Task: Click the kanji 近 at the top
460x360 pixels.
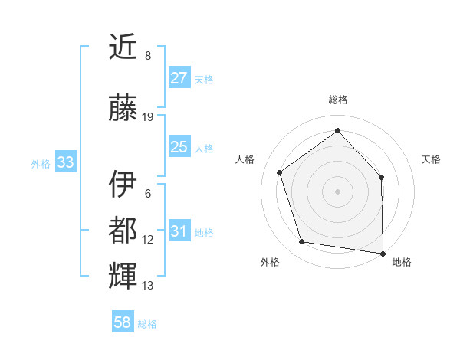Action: pos(123,47)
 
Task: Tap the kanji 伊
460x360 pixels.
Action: pos(123,185)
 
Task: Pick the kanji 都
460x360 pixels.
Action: pos(123,231)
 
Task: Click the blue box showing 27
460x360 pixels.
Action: pos(179,78)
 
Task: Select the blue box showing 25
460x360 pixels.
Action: pos(179,147)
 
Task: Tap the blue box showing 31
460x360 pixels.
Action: pos(179,232)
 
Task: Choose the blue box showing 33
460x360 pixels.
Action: pos(65,162)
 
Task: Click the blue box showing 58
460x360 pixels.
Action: pos(123,322)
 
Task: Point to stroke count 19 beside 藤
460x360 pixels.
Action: pos(148,117)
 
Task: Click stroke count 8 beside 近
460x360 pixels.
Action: pos(148,56)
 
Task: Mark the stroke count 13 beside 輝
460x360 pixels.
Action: pos(148,286)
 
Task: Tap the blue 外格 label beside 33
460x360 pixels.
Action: pos(41,163)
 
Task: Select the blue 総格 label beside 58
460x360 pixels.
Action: pos(147,324)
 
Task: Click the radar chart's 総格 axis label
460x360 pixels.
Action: pos(337,100)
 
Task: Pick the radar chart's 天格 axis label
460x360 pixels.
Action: pos(431,159)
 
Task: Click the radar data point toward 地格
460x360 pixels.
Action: pos(383,253)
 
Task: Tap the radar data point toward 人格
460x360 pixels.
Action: pos(280,172)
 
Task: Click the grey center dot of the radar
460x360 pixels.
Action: pos(337,191)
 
